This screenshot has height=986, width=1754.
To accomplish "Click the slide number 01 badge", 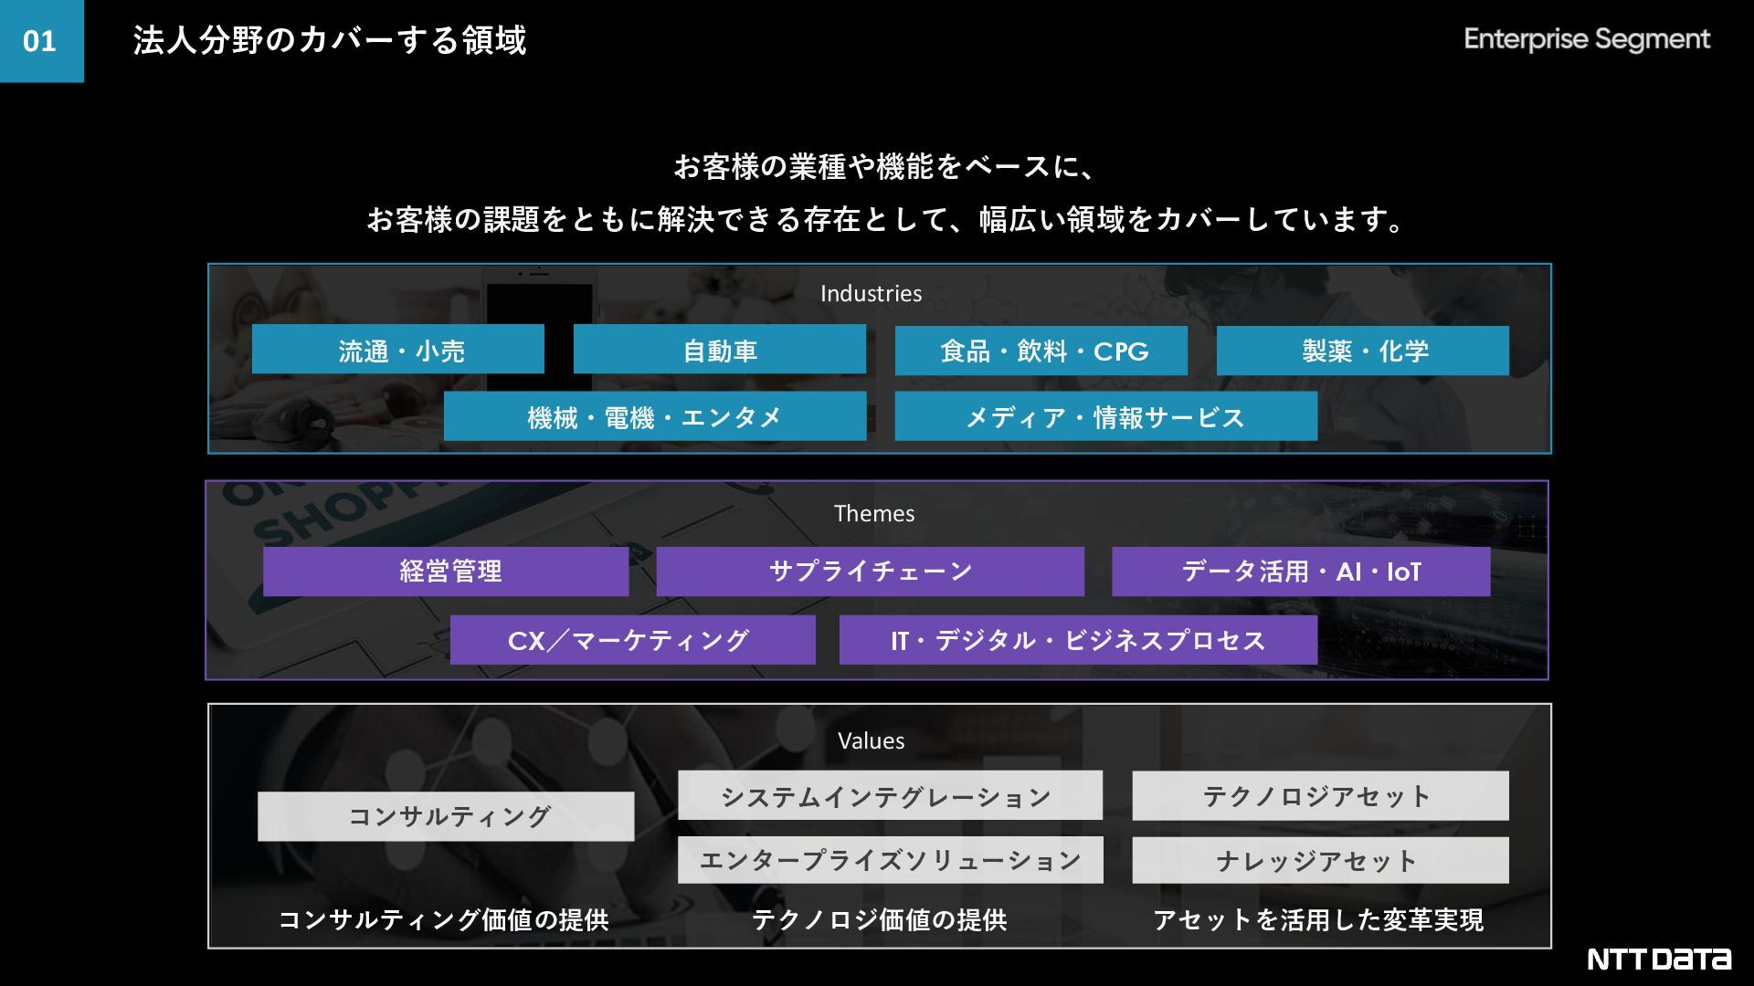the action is click(x=41, y=41).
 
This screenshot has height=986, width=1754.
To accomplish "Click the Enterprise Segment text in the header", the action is click(x=1586, y=39).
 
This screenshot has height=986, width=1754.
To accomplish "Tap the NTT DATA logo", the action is click(x=1658, y=959).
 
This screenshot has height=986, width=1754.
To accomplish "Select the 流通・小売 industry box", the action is click(x=398, y=351).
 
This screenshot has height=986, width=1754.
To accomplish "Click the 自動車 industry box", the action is click(x=720, y=351).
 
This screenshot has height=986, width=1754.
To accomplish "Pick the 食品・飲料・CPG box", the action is click(x=1041, y=351).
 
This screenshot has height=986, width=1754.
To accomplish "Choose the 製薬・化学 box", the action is click(x=1363, y=351).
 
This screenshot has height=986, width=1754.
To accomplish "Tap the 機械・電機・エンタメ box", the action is click(x=655, y=417).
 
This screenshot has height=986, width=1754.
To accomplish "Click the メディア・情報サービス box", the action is click(x=1105, y=417).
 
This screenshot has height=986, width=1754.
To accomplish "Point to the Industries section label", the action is click(x=871, y=294).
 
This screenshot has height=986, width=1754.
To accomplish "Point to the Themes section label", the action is click(x=873, y=514).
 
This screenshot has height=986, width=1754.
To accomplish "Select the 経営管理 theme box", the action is click(x=446, y=572).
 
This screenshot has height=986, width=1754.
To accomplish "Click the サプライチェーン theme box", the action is click(x=870, y=572).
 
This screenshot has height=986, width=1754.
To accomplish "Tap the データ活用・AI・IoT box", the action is click(x=1301, y=572).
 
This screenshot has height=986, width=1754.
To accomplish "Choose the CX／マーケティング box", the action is click(x=632, y=640).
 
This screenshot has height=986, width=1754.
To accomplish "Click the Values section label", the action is click(x=871, y=741).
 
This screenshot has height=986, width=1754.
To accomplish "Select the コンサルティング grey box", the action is click(x=446, y=816).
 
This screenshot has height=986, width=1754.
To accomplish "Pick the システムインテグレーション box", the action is click(x=890, y=796).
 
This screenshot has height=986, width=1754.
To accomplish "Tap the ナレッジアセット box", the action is click(x=1320, y=861).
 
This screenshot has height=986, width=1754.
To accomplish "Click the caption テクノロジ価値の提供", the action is click(x=879, y=919).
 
